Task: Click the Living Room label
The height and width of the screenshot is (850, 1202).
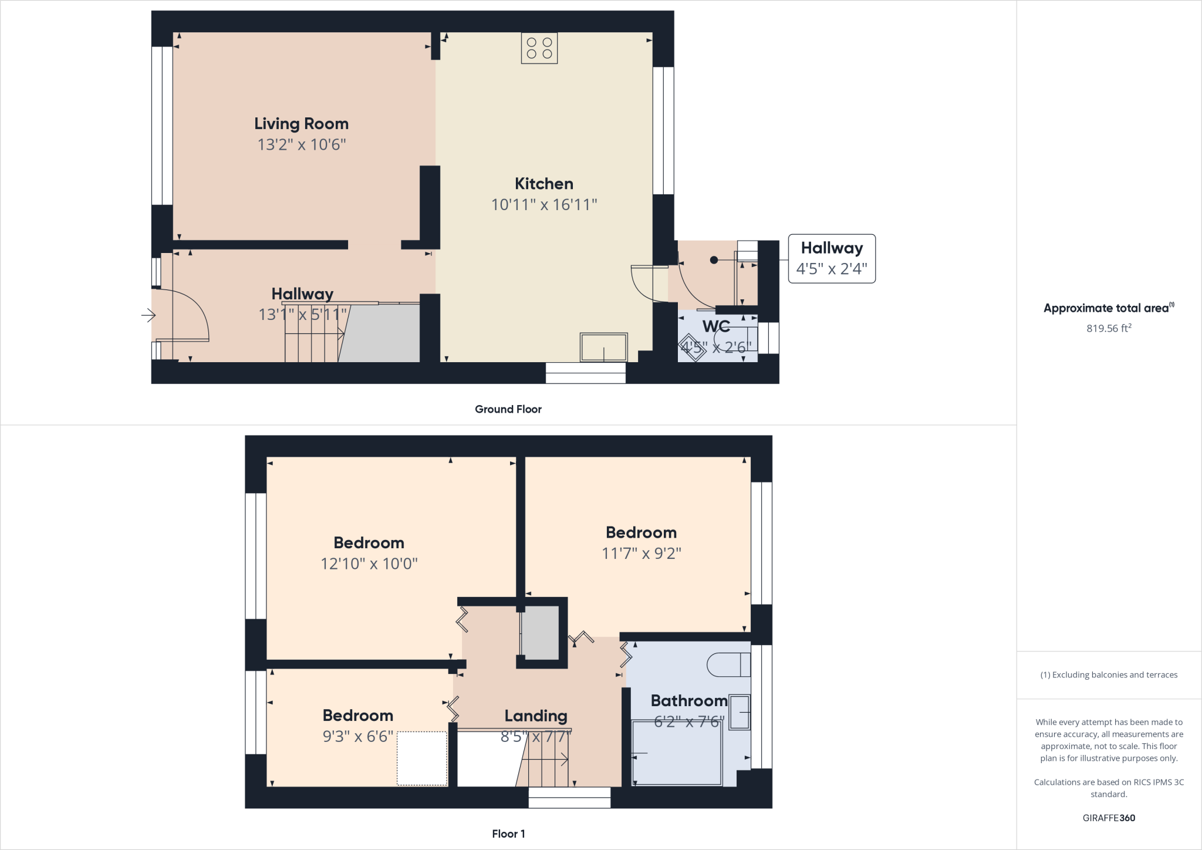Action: tap(301, 124)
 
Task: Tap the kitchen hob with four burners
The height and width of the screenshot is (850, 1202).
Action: tap(539, 48)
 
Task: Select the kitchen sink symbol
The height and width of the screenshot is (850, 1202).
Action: tap(603, 347)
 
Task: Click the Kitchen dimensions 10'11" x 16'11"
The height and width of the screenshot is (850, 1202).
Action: tap(544, 205)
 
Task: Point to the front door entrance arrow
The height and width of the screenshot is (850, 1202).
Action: tap(148, 316)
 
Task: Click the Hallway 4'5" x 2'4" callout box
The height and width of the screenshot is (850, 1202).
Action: tap(831, 258)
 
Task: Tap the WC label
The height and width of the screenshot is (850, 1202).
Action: tap(716, 326)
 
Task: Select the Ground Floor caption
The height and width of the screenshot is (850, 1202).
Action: tap(508, 409)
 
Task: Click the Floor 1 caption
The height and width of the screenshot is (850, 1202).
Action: tap(508, 834)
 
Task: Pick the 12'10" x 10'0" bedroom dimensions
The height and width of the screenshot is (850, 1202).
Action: tap(369, 564)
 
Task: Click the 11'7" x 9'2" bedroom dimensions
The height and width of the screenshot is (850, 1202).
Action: tap(641, 554)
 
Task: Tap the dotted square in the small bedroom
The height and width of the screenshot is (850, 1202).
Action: tap(422, 758)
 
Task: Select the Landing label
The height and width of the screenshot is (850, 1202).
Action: tap(535, 716)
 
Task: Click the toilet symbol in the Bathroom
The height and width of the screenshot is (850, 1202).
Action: tap(728, 665)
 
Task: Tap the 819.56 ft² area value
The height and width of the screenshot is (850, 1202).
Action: tap(1108, 329)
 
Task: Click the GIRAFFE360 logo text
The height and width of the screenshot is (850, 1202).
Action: tap(1108, 818)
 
